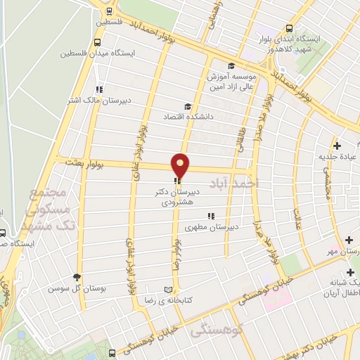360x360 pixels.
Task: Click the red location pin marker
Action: click(181, 165)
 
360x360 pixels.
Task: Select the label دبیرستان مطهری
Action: click(212, 227)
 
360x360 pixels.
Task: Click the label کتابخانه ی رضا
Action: click(200, 290)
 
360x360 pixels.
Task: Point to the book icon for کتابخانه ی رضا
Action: click(167, 290)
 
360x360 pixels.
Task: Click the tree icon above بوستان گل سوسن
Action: click(77, 277)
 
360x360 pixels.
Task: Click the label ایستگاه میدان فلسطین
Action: click(60, 53)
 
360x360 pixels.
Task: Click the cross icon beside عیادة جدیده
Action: click(338, 146)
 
